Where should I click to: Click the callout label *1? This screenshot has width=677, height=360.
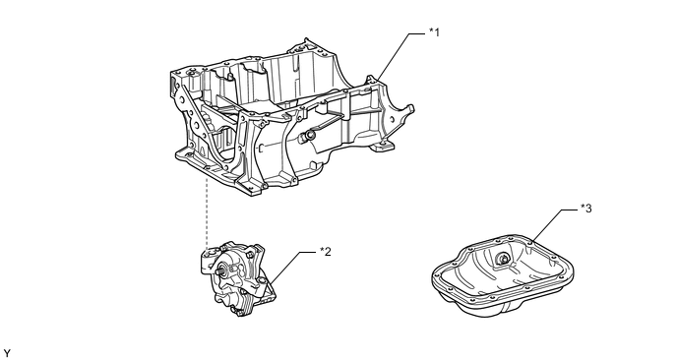(x=434, y=31)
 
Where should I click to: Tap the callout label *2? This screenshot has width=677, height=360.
(x=326, y=251)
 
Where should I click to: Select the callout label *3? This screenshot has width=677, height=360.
(x=585, y=209)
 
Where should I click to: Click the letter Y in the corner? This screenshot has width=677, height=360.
(x=7, y=353)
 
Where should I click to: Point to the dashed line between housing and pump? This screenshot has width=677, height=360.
(x=208, y=211)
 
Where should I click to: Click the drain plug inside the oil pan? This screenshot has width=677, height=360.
(x=503, y=259)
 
